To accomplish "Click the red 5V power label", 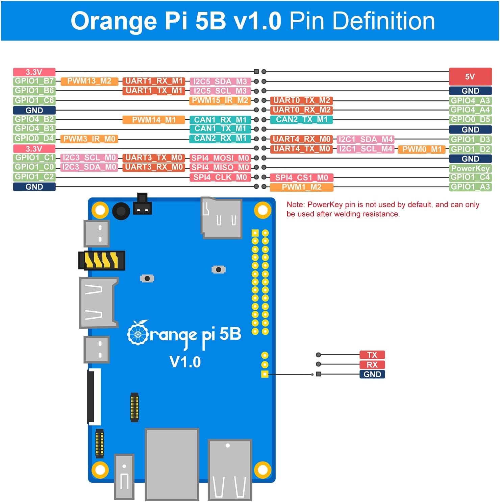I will click(x=470, y=76).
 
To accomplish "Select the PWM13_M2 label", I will click(x=89, y=81).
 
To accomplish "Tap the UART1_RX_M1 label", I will click(x=154, y=81).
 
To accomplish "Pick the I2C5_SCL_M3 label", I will click(x=220, y=91).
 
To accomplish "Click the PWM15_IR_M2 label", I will click(x=220, y=100).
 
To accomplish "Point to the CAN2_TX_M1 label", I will click(x=301, y=120).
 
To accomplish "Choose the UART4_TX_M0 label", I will click(x=301, y=149).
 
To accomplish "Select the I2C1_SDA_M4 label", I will click(x=365, y=139).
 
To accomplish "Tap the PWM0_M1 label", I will click(x=422, y=149).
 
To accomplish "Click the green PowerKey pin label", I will click(x=470, y=168).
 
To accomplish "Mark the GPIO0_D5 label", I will click(x=470, y=120).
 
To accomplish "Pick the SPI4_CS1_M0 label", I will click(x=301, y=177).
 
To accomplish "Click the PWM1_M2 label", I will click(x=301, y=187).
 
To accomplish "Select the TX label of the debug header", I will click(x=372, y=355).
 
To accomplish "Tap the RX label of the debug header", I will click(x=372, y=365).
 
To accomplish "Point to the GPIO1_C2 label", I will click(x=34, y=177).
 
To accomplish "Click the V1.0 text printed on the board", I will click(x=185, y=362).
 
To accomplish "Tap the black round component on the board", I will click(x=121, y=212).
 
